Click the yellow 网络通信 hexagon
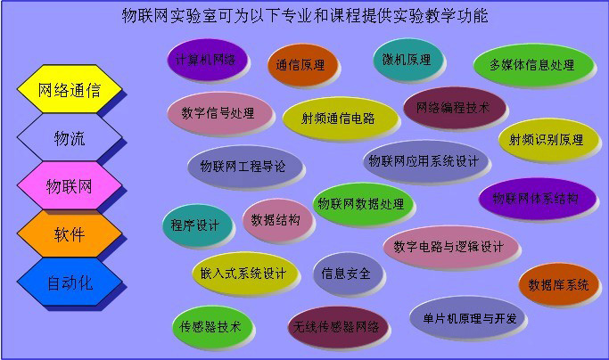pyautogui.click(x=70, y=89)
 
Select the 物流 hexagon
pyautogui.click(x=70, y=137)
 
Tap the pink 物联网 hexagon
pyautogui.click(x=70, y=185)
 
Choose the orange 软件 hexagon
pyautogui.click(x=70, y=233)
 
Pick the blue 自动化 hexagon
pyautogui.click(x=70, y=282)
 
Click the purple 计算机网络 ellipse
pyautogui.click(x=208, y=60)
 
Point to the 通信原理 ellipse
pyautogui.click(x=302, y=65)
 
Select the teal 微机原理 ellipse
pyautogui.click(x=407, y=60)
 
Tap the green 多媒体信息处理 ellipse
pyautogui.click(x=533, y=65)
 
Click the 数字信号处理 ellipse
pyautogui.click(x=219, y=113)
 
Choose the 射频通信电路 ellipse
pyautogui.click(x=340, y=118)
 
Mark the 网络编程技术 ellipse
pyautogui.click(x=455, y=108)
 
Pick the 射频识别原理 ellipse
pyautogui.click(x=548, y=140)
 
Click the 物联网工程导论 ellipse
pyautogui.click(x=244, y=167)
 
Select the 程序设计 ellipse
pyautogui.click(x=197, y=225)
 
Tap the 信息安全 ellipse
pyautogui.click(x=348, y=274)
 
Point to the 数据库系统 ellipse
pyautogui.click(x=558, y=284)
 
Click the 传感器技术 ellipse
pyautogui.click(x=212, y=327)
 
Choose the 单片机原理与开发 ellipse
pyautogui.click(x=467, y=317)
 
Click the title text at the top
pyautogui.click(x=305, y=15)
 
